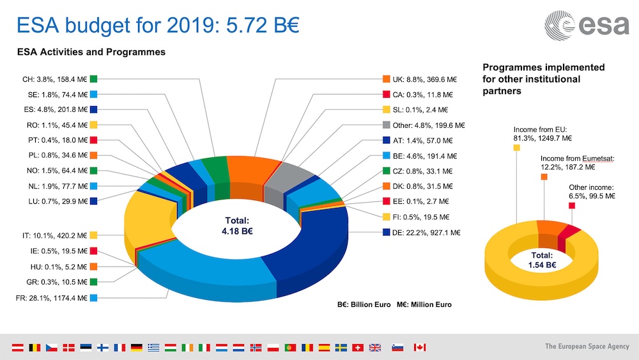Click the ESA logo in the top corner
(583, 25)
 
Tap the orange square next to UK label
(387, 79)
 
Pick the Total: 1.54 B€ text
(541, 260)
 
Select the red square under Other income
(573, 206)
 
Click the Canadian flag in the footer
(419, 347)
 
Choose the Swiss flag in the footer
(358, 347)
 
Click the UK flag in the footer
(375, 347)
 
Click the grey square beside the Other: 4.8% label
(387, 125)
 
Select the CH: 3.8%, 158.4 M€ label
(54, 79)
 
